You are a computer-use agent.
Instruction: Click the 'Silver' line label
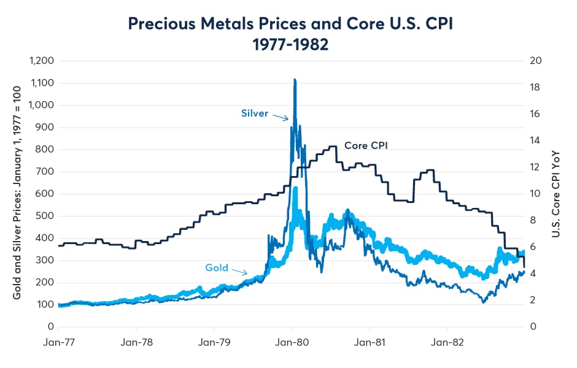254,113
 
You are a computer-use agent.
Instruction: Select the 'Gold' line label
216,267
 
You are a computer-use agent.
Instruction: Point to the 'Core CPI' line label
366,145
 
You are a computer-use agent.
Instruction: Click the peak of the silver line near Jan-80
295,80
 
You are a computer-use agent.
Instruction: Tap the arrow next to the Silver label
281,117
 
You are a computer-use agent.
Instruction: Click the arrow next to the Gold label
240,271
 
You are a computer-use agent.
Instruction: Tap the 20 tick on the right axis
535,61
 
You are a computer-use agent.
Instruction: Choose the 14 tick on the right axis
535,140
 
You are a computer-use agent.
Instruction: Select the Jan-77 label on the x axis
59,341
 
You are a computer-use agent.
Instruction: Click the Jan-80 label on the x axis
292,341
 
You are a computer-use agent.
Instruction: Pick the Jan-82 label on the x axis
446,341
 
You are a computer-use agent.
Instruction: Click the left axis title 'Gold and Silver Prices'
17,193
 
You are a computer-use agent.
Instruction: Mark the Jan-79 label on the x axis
214,341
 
